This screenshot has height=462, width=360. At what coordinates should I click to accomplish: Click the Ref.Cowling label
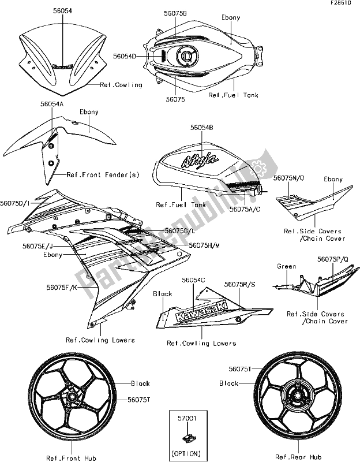[121, 85]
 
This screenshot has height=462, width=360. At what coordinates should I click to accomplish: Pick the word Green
[286, 266]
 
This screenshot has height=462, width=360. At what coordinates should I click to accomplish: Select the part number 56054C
[194, 280]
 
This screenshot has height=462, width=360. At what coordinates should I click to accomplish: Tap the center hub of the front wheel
[73, 398]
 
